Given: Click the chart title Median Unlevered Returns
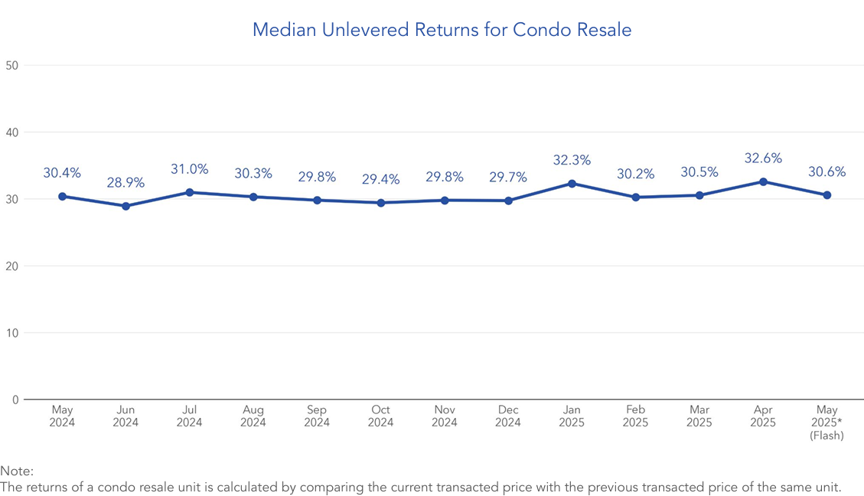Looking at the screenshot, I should click(x=442, y=30).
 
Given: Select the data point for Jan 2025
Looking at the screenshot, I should click(x=572, y=184).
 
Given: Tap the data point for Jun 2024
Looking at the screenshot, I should click(x=126, y=206).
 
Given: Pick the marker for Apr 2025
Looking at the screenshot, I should click(x=763, y=181).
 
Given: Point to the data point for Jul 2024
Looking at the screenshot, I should click(x=189, y=192).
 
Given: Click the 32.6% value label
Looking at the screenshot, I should click(x=763, y=158).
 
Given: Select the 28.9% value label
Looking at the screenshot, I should click(x=126, y=183).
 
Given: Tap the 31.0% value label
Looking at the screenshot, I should click(x=189, y=169).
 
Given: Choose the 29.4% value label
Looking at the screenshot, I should click(x=380, y=180).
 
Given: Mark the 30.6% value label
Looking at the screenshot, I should click(x=827, y=172).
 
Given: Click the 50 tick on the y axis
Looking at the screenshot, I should click(x=11, y=65).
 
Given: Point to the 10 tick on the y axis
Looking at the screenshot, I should click(x=11, y=333).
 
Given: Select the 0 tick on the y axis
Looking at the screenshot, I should click(x=15, y=400).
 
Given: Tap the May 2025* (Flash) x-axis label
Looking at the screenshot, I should click(x=827, y=423).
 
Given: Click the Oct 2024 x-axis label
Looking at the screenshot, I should click(x=380, y=416).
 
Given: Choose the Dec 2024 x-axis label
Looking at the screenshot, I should click(x=508, y=416).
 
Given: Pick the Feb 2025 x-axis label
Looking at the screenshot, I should click(x=635, y=416).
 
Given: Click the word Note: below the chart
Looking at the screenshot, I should click(x=17, y=472).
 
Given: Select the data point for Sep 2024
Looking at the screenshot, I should click(x=317, y=200).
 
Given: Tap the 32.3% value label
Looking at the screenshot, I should click(x=572, y=161).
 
